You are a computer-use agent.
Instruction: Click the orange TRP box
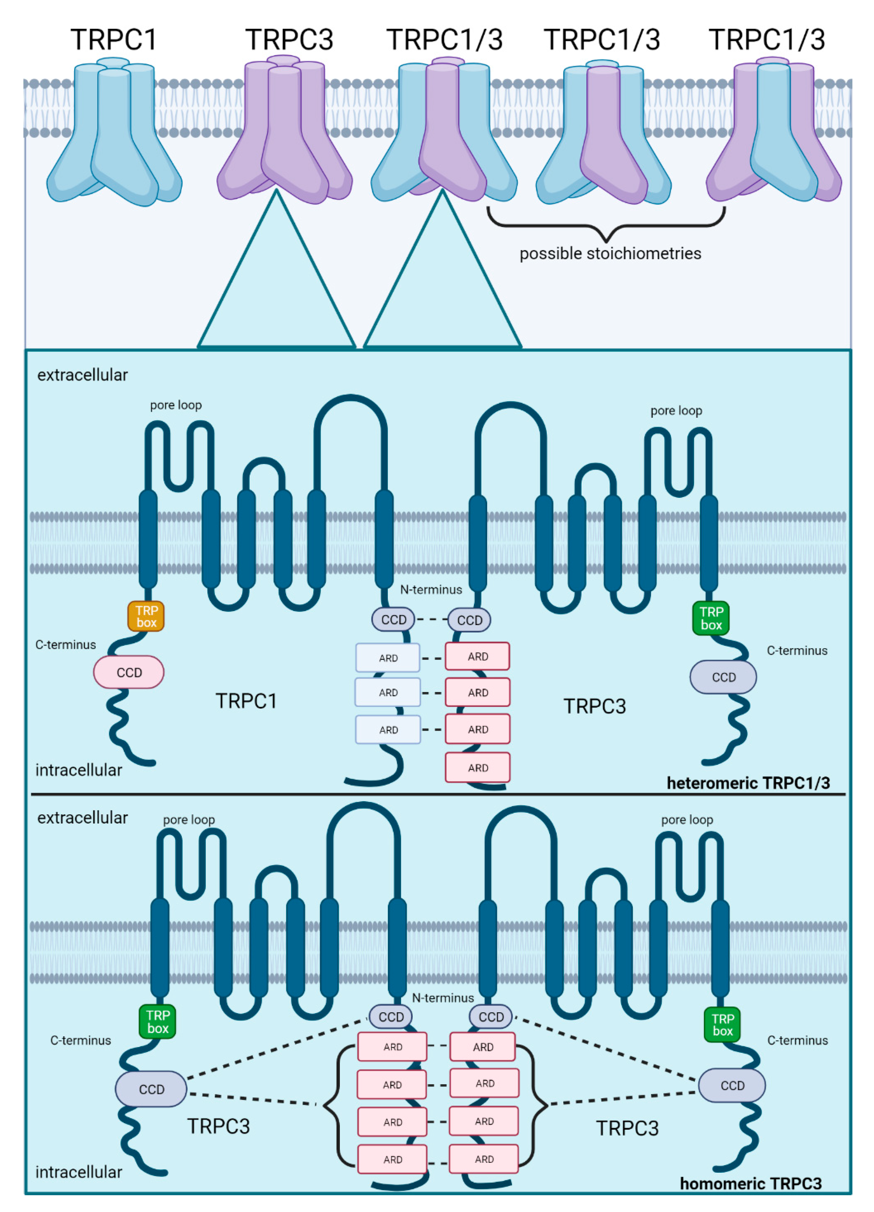pos(146,616)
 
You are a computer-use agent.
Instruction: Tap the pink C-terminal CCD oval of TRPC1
pos(129,672)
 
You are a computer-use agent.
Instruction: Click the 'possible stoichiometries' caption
pos(610,253)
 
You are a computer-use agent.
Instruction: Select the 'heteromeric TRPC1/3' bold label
pos(748,783)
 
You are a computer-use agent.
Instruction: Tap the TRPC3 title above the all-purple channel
pos(289,40)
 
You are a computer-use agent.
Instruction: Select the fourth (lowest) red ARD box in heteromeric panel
pos(477,768)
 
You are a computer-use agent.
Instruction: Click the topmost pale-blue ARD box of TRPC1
pos(388,658)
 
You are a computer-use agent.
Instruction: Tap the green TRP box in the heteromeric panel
pos(711,618)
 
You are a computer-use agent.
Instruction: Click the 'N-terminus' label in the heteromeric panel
pos(431,589)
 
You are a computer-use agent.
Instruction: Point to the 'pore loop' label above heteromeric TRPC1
pos(176,405)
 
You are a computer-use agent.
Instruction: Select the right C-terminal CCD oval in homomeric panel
pos(732,1085)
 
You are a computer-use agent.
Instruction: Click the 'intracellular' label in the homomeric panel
pos(79,1172)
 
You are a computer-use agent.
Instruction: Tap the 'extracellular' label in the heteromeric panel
pos(82,375)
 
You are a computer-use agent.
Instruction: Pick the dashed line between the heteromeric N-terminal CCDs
pos(431,619)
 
